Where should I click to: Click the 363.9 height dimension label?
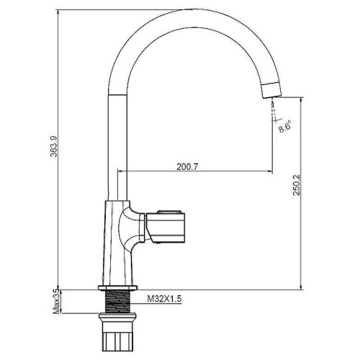pyautogui.click(x=54, y=146)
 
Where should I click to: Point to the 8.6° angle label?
pyautogui.click(x=285, y=127)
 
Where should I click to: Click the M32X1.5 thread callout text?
pyautogui.click(x=164, y=299)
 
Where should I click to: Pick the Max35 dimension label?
pyautogui.click(x=57, y=301)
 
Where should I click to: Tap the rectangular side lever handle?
pyautogui.click(x=166, y=226)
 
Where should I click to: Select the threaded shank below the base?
pyautogui.click(x=117, y=302)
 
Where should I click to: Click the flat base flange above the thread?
pyautogui.click(x=117, y=288)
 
